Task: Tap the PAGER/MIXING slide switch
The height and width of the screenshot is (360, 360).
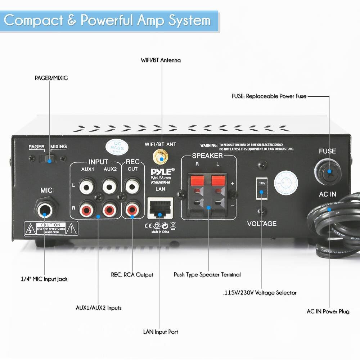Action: click(48, 158)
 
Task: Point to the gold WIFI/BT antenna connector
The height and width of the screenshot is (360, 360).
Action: click(161, 157)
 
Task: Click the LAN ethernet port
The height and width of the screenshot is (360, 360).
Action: click(160, 208)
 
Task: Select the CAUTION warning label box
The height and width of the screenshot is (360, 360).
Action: click(51, 229)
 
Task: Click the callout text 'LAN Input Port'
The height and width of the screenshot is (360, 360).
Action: click(161, 332)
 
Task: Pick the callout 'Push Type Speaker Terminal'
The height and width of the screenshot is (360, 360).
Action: click(207, 275)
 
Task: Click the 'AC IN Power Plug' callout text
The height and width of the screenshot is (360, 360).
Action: click(328, 311)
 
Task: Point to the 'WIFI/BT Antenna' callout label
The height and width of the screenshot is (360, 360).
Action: click(161, 60)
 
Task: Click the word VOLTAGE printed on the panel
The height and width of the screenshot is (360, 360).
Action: click(262, 224)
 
